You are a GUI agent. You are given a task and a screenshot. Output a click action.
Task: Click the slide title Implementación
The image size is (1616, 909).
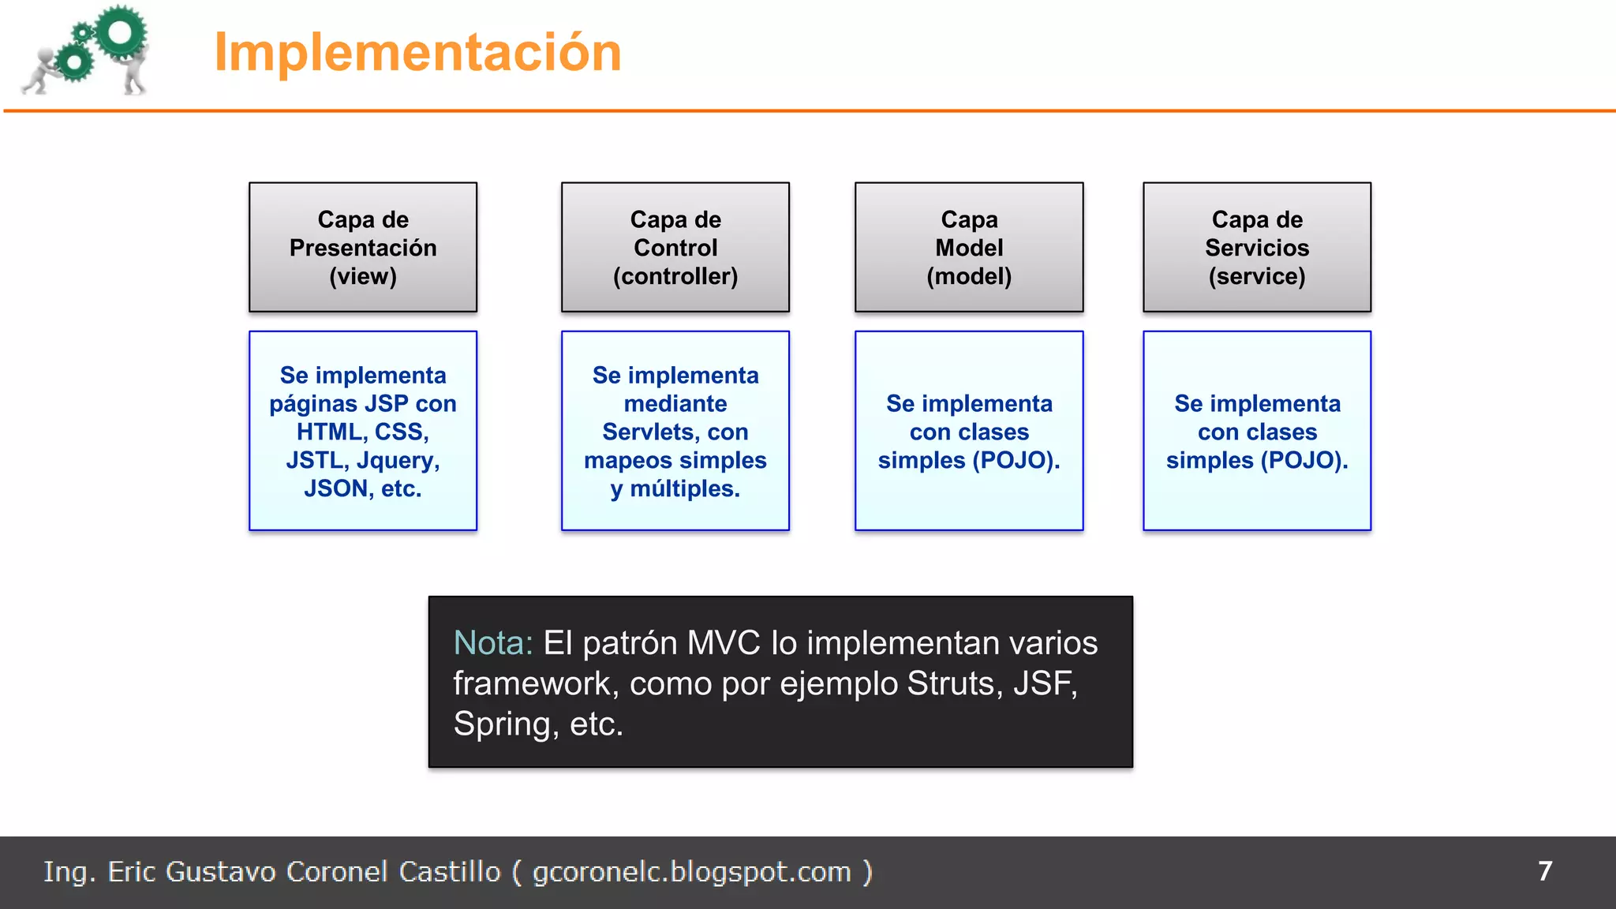tap(417, 52)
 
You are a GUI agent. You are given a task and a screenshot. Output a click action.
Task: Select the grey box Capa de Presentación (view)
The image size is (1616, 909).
tap(363, 247)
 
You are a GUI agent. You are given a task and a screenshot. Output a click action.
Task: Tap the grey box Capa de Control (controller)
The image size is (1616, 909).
tap(675, 247)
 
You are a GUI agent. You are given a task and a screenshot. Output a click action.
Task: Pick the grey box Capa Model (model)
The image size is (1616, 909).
tap(969, 247)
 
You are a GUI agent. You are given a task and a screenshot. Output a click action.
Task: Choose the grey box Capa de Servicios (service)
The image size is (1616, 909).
tap(1257, 247)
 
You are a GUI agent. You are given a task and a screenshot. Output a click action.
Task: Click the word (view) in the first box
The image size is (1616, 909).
tap(363, 276)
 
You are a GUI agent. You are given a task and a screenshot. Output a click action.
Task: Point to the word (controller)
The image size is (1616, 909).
tap(675, 276)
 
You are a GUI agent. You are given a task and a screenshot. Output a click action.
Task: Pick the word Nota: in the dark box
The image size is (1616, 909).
tap(493, 643)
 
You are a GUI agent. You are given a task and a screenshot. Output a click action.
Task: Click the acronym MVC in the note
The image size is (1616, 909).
tap(724, 643)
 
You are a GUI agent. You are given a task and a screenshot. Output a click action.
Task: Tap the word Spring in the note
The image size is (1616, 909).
tap(504, 724)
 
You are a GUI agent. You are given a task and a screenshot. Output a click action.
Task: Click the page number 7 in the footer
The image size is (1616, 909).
tap(1545, 871)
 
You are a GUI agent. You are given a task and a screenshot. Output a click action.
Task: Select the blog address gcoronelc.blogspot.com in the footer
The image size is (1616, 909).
tap(691, 872)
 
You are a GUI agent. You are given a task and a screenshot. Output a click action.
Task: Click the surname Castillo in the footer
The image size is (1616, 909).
tap(449, 871)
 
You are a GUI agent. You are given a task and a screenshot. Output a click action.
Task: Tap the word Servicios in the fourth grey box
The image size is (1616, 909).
tap(1257, 248)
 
